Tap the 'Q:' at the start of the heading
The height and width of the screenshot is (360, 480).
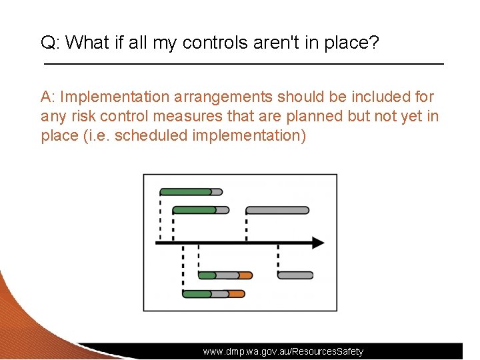tap(51, 44)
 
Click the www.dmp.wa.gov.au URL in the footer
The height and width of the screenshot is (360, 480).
tap(283, 351)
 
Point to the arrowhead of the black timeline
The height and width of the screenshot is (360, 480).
tap(318, 243)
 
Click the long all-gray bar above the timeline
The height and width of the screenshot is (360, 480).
tap(277, 210)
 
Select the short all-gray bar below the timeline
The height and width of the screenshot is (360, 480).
tap(295, 275)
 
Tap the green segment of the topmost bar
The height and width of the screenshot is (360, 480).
tap(185, 192)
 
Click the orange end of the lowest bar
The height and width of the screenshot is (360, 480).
tap(236, 293)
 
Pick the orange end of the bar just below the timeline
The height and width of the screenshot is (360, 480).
tap(245, 275)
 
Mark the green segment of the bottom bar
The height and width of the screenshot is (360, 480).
tap(197, 293)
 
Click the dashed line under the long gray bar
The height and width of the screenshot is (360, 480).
tap(247, 227)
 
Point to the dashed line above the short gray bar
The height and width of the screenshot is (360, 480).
tap(278, 259)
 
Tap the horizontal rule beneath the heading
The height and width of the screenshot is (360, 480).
tap(243, 63)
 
